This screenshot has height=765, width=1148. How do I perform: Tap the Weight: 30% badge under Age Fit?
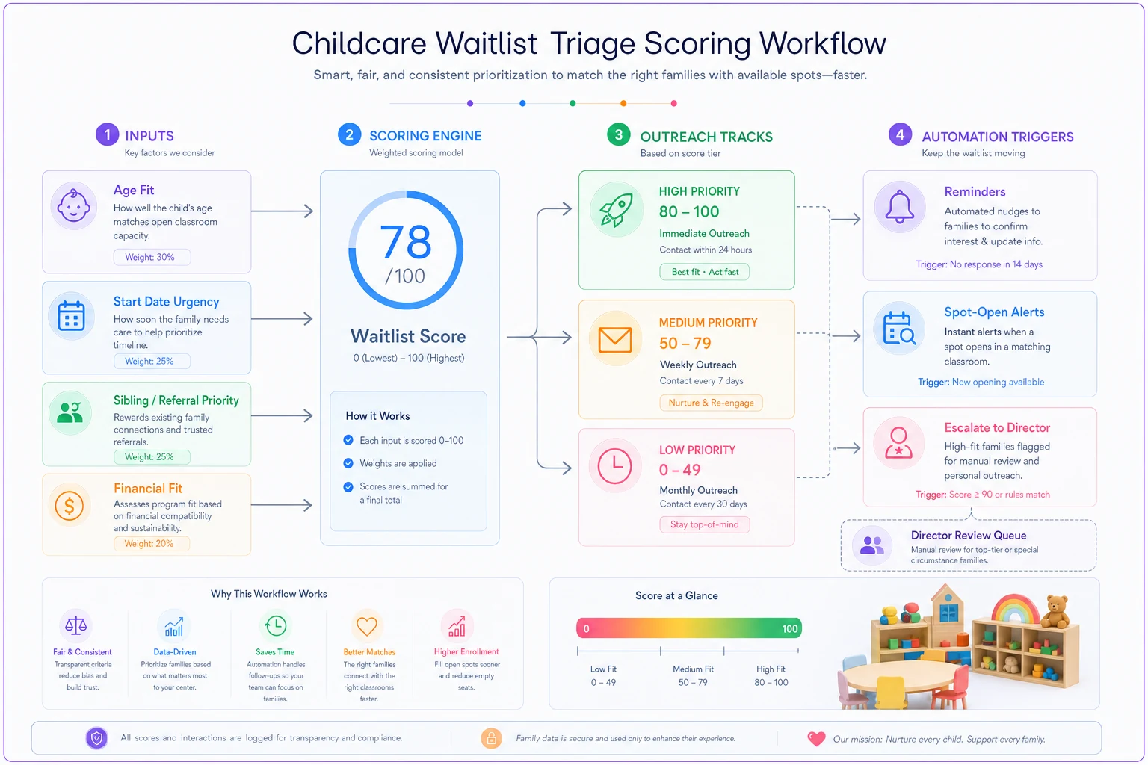click(152, 257)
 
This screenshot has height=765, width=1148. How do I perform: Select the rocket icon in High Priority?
click(616, 210)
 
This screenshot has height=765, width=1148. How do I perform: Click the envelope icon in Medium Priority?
click(615, 340)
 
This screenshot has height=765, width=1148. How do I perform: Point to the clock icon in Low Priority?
click(614, 465)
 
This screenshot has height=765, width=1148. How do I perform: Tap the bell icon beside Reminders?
click(899, 206)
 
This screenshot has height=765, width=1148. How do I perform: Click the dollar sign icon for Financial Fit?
click(70, 506)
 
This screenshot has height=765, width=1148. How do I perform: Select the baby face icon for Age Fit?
click(73, 205)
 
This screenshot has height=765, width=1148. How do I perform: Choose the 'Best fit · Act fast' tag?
click(705, 272)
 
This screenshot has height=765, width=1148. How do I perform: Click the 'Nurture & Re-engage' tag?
click(711, 403)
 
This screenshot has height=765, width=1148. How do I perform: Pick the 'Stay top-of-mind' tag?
click(704, 524)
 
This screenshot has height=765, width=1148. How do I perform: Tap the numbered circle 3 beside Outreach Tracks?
click(619, 134)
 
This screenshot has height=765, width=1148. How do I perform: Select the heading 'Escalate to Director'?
click(997, 427)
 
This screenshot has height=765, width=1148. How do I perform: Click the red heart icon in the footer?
click(816, 738)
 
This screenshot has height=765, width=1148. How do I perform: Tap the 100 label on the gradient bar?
click(789, 628)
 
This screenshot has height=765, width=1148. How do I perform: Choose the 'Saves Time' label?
click(275, 651)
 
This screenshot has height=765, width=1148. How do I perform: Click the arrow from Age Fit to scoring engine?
click(282, 211)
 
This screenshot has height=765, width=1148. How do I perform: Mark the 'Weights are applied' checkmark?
click(348, 463)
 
